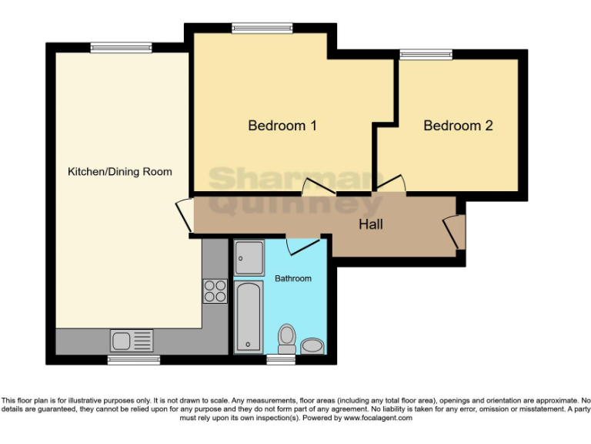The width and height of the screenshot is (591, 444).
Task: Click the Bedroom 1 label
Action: coord(282,125)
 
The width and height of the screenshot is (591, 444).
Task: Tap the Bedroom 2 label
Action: coord(458,125)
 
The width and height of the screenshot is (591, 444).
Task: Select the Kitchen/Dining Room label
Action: coord(119,171)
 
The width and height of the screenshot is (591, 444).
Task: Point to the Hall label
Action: coord(371,225)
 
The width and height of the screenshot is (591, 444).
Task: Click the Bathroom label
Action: coord(293,278)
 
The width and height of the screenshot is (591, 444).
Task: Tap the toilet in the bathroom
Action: coord(286,338)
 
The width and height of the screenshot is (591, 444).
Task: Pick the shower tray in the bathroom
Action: coord(249,257)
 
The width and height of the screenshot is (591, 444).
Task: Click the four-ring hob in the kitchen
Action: coord(215,290)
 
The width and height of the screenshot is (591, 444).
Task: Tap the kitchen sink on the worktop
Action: coord(132,339)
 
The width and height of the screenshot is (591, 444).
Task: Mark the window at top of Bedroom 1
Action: coord(262,29)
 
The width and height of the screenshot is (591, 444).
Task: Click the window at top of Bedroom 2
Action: coord(426,54)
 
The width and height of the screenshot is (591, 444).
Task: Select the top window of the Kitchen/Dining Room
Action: coord(121,48)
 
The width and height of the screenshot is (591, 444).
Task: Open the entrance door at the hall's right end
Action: coord(454,232)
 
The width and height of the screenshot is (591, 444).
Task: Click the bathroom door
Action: coord(302,246)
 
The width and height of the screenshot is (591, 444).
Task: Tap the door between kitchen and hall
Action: coord(185,214)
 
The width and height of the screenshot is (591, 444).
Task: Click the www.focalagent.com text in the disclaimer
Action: coord(377,418)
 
